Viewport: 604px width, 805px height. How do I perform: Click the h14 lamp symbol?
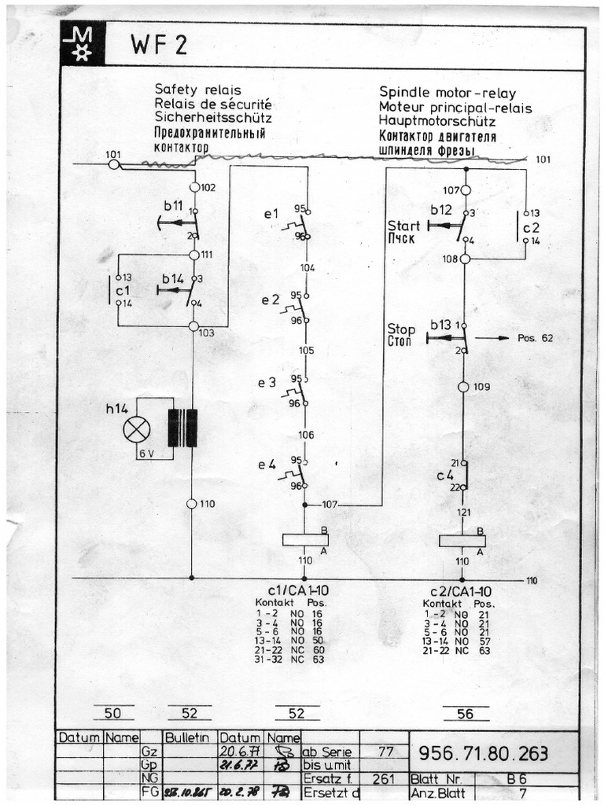point(138,428)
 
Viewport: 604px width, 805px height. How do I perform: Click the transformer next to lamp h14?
point(182,428)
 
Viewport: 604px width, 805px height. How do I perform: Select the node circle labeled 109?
point(464,387)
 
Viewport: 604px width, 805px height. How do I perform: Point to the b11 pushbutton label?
point(173,206)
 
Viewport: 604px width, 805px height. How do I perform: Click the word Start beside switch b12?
point(403,226)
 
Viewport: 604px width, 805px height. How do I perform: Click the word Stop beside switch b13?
point(401,329)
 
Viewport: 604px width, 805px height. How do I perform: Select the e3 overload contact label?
point(267,384)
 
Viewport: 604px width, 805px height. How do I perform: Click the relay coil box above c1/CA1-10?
point(305,539)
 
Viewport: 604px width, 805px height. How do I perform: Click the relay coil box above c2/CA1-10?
point(462,540)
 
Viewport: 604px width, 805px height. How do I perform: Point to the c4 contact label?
point(445,476)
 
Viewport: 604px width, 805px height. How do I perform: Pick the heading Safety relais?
point(197,90)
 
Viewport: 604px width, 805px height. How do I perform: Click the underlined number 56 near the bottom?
point(466,713)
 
